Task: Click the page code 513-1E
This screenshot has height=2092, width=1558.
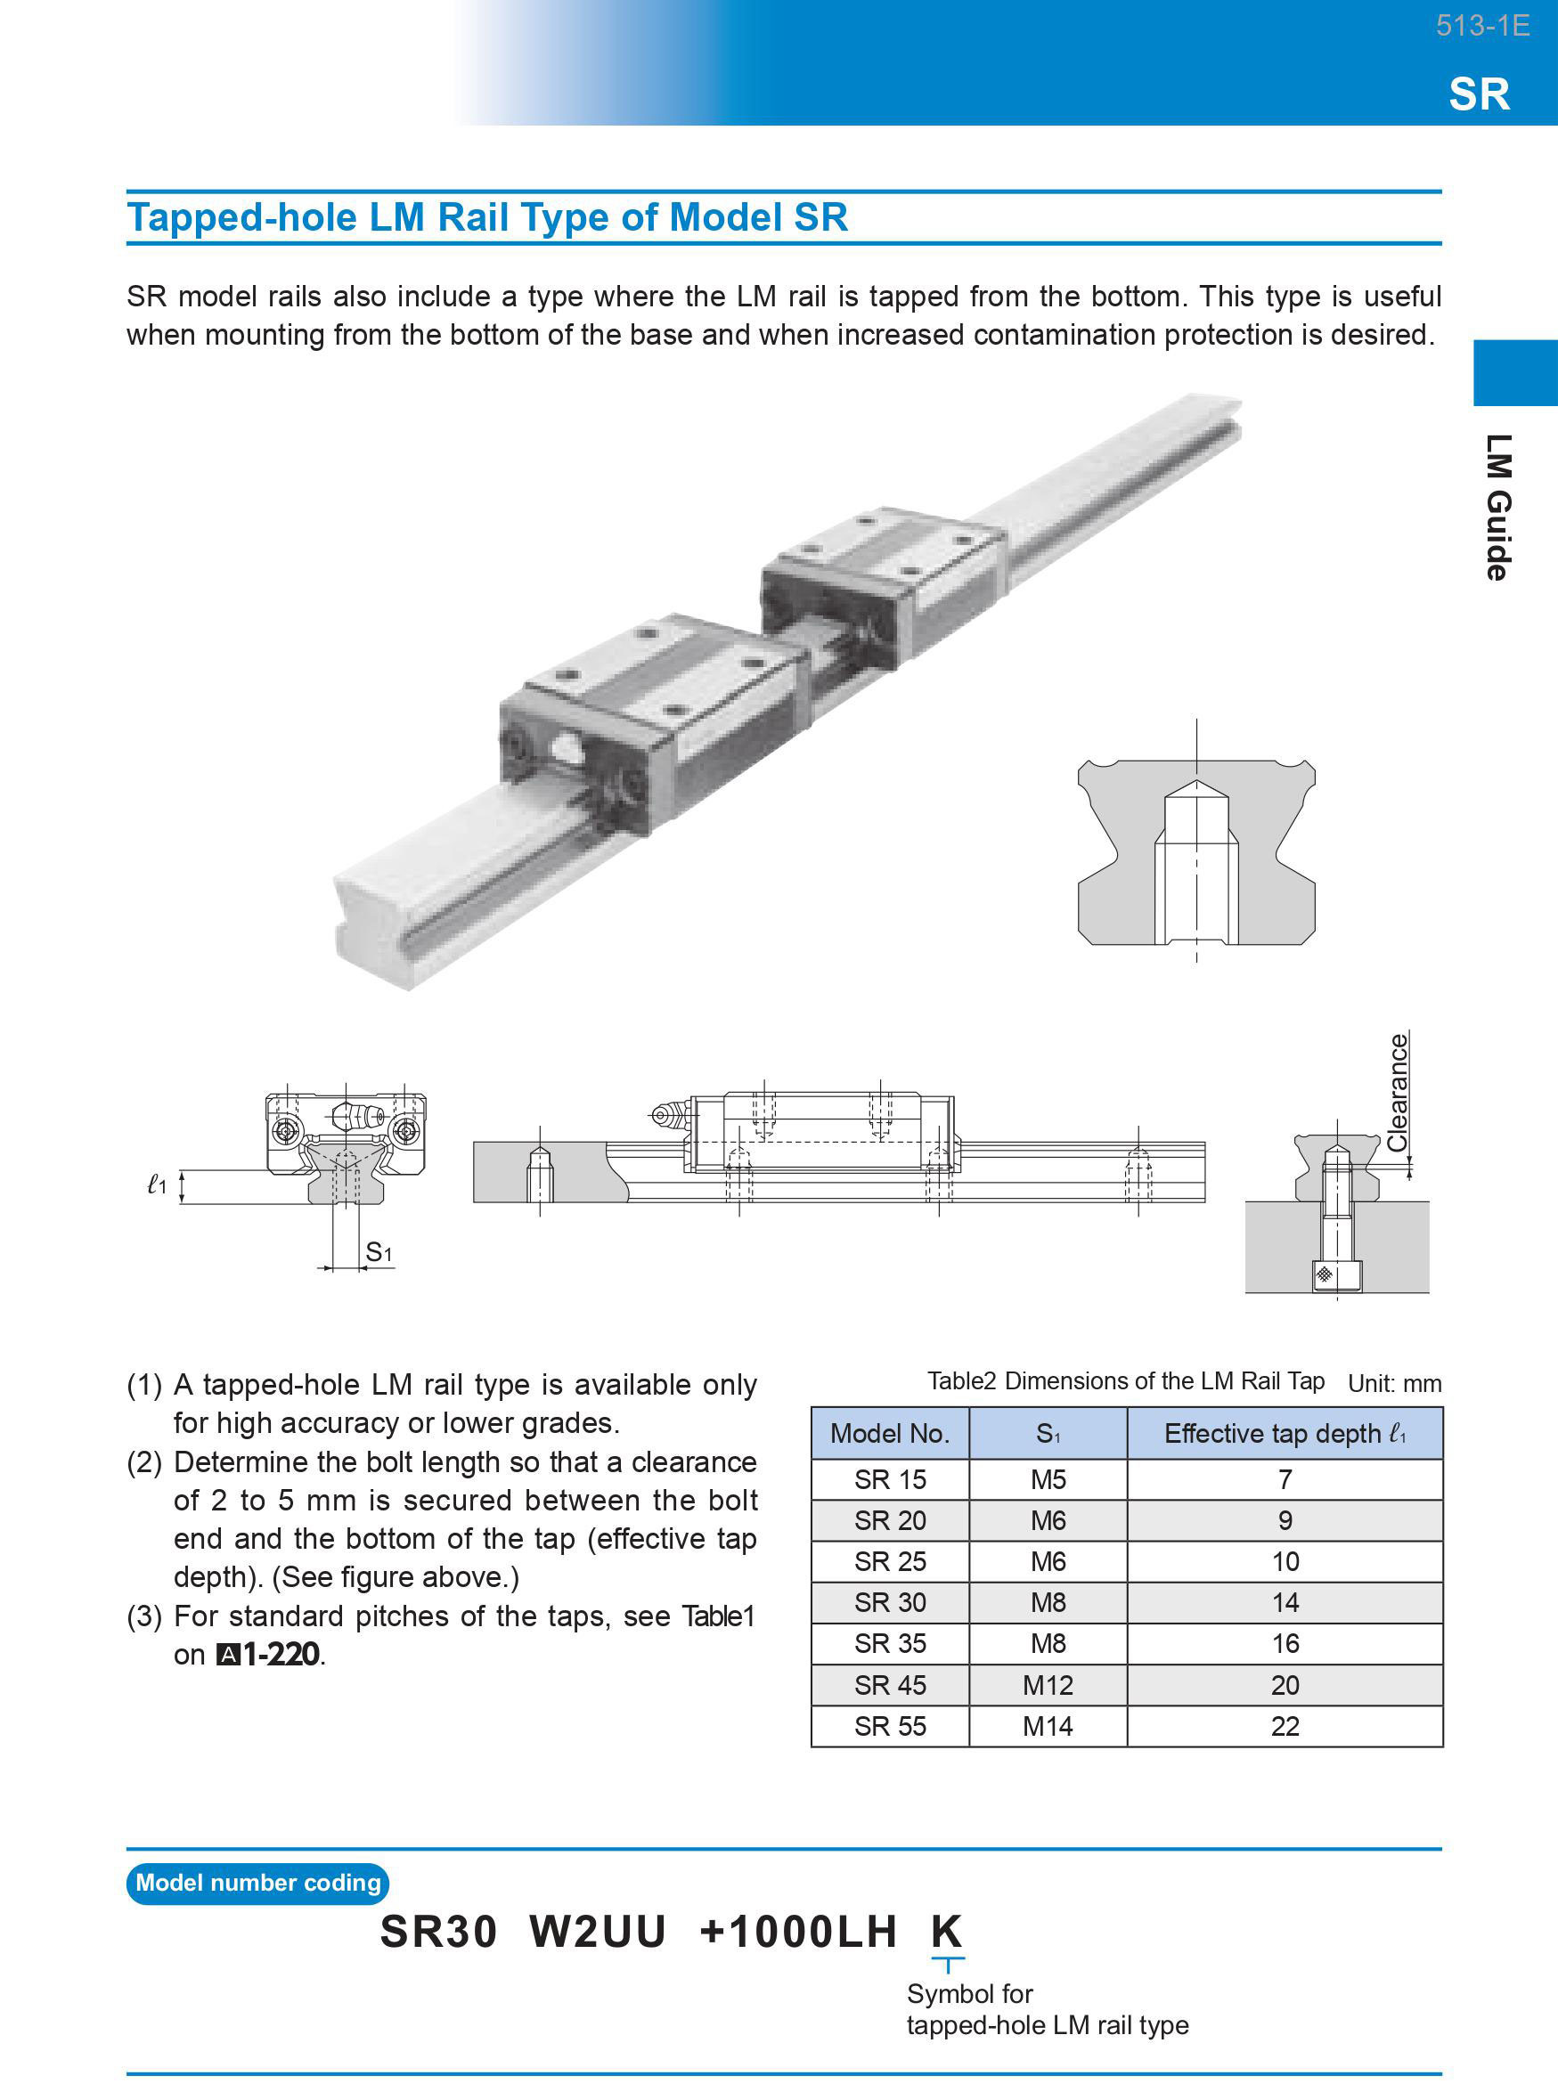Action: (x=1481, y=26)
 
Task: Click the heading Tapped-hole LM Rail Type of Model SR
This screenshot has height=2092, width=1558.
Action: (x=487, y=218)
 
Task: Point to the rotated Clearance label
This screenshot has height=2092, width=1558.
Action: (x=1398, y=1092)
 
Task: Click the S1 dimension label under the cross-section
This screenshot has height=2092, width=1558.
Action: (x=379, y=1252)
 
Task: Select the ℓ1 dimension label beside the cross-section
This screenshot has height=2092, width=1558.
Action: (x=158, y=1184)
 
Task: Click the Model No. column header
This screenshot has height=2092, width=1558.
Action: (x=889, y=1433)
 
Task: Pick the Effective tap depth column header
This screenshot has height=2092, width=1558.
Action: (x=1285, y=1433)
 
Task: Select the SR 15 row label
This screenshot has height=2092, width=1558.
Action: (x=889, y=1479)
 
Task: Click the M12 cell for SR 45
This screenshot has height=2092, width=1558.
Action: (x=1048, y=1685)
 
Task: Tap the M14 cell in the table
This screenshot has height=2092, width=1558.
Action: (x=1048, y=1726)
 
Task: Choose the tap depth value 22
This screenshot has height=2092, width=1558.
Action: (x=1285, y=1726)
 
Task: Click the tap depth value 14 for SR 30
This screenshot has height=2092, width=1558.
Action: (x=1285, y=1603)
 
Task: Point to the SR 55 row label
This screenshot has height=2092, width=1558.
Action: (x=889, y=1726)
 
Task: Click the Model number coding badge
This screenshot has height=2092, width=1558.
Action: (x=257, y=1883)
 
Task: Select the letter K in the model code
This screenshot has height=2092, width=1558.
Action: (x=946, y=1931)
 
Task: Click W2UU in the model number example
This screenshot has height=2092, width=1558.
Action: (x=597, y=1931)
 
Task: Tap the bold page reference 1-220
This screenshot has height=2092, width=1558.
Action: (x=281, y=1655)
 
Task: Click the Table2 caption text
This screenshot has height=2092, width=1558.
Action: (x=1125, y=1381)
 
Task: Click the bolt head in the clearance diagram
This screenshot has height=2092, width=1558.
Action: (x=1336, y=1275)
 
